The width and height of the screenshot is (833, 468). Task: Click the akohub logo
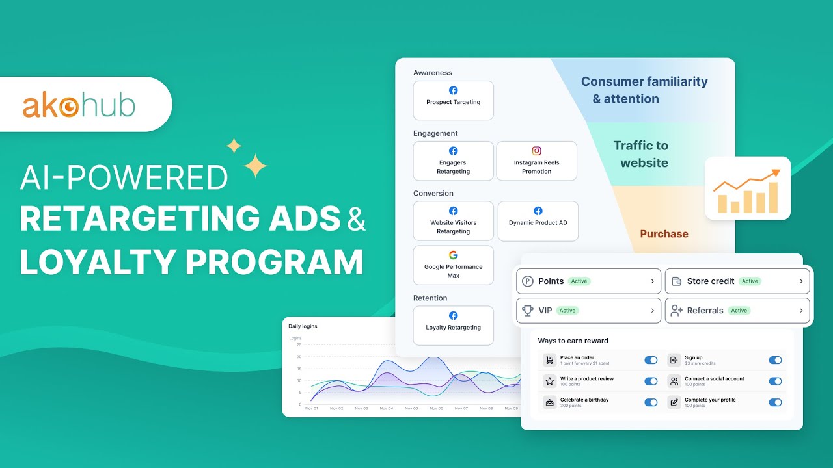tap(79, 105)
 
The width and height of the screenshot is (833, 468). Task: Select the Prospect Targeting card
tap(453, 100)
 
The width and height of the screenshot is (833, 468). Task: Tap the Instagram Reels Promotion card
tap(536, 161)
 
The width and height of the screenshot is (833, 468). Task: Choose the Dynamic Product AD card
tap(538, 221)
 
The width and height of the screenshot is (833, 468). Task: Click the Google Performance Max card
tap(453, 265)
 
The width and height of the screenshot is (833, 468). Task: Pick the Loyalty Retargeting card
tap(453, 325)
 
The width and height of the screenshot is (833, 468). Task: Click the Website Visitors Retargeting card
tap(453, 221)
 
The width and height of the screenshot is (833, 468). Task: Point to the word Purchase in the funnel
tap(664, 234)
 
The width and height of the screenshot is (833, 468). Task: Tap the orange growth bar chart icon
tap(747, 189)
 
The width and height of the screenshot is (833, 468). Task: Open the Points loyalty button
tap(588, 281)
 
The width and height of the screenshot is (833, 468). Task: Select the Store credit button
tap(737, 281)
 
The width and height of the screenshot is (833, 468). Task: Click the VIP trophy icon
tap(528, 311)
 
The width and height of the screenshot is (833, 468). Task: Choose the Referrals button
tap(737, 311)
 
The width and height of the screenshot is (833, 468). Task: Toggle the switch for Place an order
tap(651, 360)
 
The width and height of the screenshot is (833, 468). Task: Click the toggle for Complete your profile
tap(775, 402)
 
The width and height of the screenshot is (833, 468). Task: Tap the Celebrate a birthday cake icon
tap(550, 402)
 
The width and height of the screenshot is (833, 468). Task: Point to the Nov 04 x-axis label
tap(386, 409)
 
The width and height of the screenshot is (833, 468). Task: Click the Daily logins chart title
tap(303, 326)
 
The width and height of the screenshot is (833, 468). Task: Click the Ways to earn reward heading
tap(573, 341)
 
